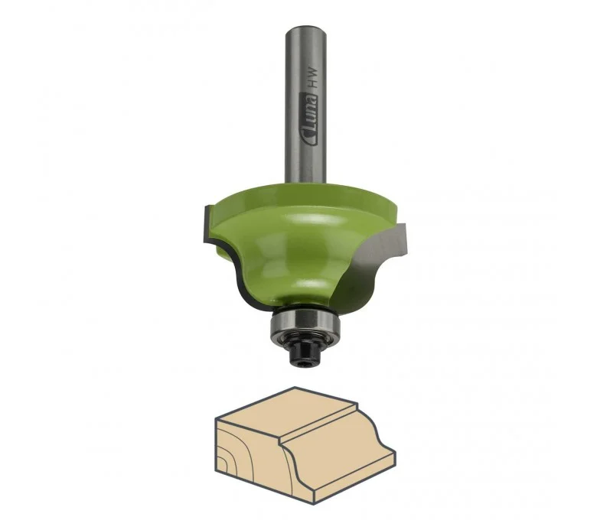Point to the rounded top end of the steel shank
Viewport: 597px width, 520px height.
click(305, 28)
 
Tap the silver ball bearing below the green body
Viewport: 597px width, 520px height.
click(302, 323)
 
